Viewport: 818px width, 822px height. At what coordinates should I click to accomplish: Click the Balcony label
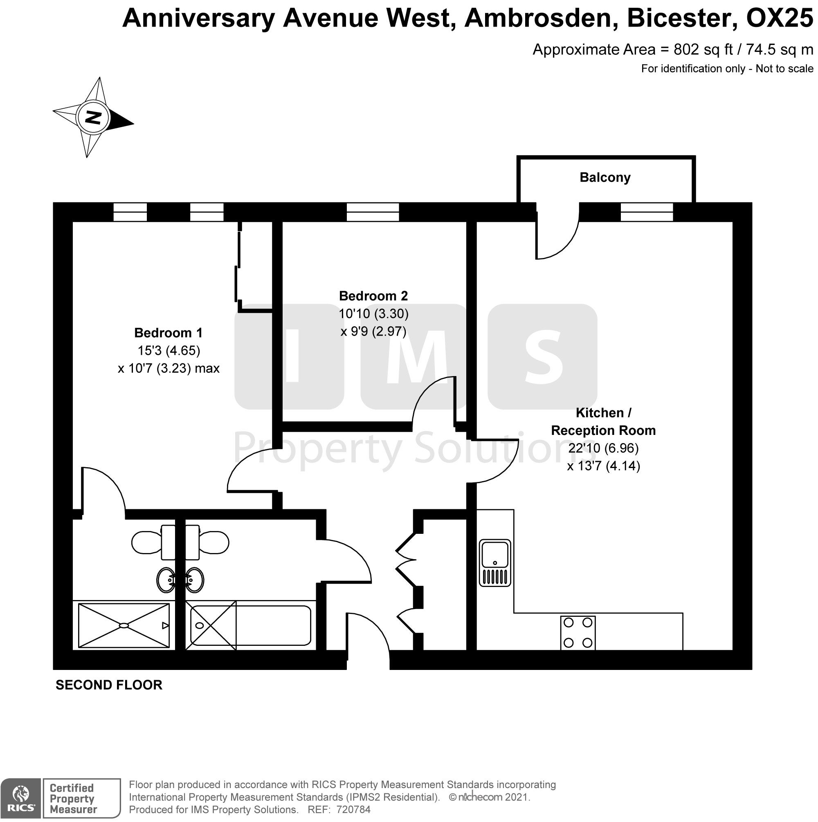(x=605, y=177)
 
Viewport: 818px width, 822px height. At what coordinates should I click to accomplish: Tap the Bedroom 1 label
(x=169, y=332)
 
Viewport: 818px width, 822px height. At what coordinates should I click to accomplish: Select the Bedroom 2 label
(x=373, y=296)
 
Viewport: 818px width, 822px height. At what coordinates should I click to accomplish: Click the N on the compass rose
(x=93, y=117)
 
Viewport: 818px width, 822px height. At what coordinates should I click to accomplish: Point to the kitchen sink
(x=495, y=563)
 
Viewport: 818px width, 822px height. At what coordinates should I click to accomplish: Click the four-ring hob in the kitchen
(x=578, y=633)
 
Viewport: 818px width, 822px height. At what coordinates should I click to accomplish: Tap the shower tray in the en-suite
(x=124, y=625)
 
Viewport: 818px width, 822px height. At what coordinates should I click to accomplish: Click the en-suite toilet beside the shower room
(x=153, y=542)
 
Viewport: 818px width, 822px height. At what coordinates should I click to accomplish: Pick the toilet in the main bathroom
(x=207, y=542)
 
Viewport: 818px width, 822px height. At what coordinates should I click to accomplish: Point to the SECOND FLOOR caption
(x=109, y=685)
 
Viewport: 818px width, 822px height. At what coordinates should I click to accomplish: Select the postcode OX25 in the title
(x=780, y=18)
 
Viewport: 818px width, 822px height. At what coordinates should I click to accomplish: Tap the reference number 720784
(x=353, y=810)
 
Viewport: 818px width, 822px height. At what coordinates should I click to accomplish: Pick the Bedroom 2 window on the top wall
(x=373, y=212)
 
